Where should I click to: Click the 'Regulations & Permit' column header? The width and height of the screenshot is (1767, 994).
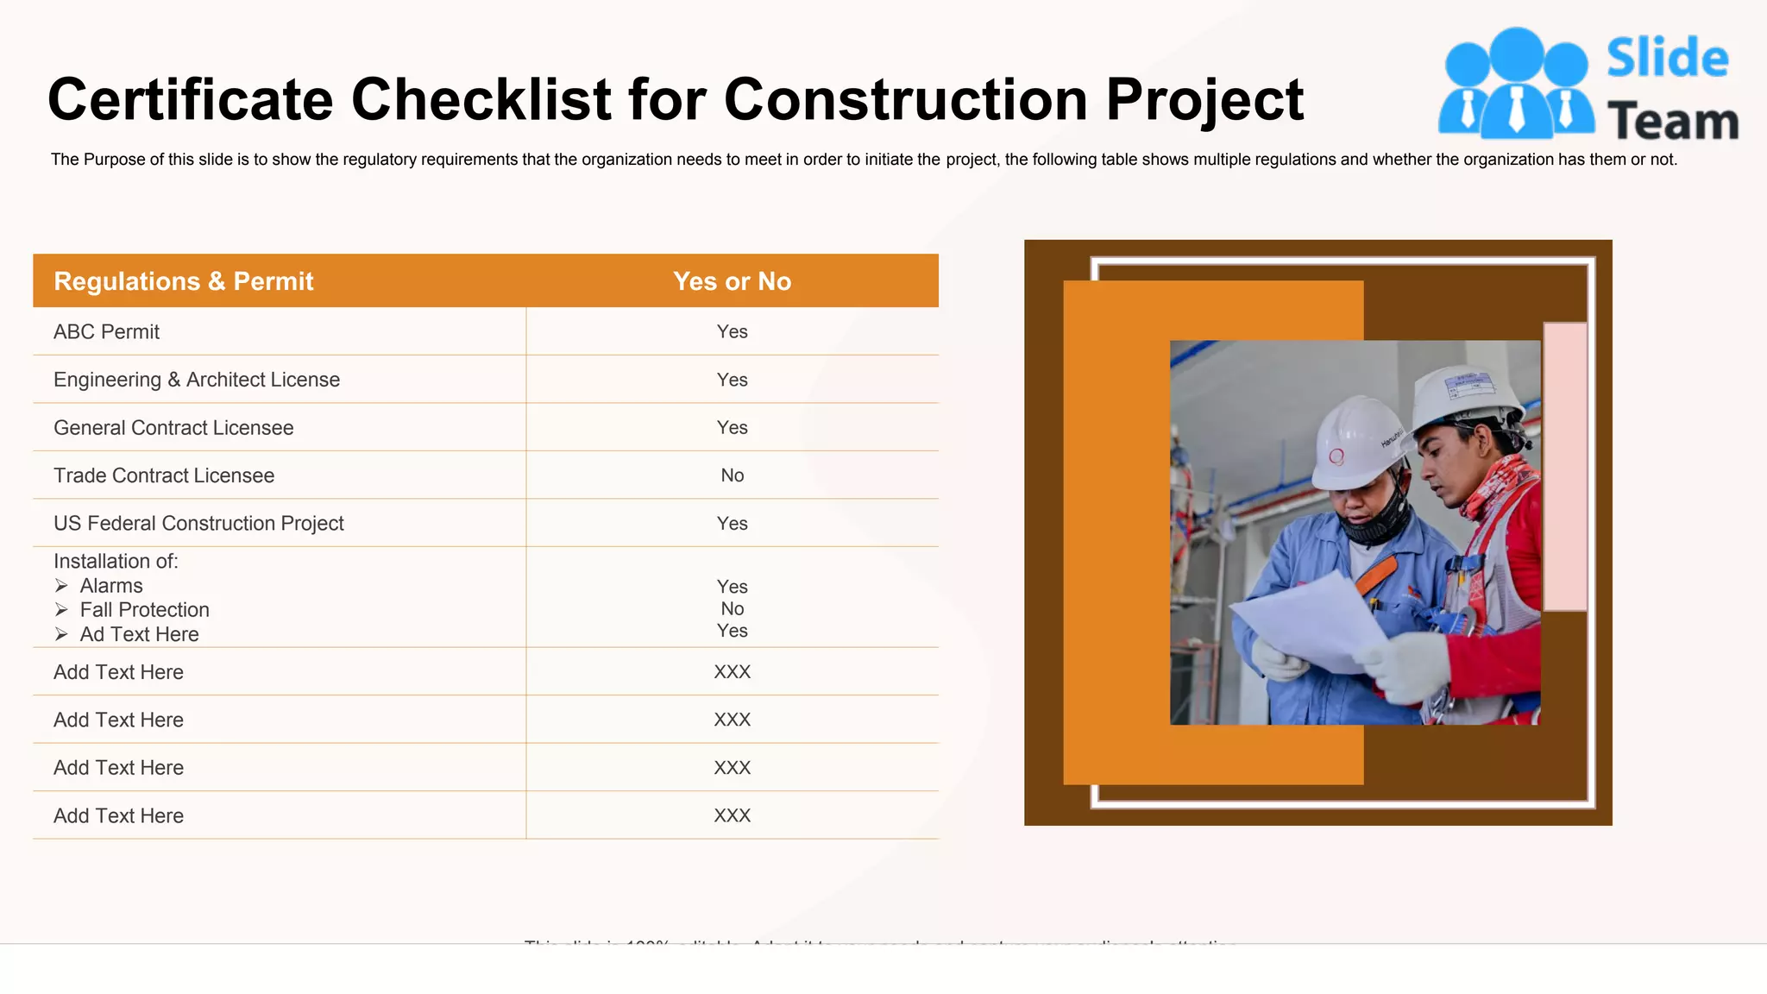183,281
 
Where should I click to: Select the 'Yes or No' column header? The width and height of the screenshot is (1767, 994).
732,281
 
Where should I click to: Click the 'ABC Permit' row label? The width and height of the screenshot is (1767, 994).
106,332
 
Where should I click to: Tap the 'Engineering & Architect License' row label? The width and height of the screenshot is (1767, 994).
197,380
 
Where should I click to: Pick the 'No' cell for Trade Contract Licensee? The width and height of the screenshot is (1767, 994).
732,475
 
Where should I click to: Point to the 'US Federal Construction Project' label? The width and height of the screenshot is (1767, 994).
198,524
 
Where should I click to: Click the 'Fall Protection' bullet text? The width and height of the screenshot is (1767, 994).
144,610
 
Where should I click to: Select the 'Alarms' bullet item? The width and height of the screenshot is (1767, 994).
111,586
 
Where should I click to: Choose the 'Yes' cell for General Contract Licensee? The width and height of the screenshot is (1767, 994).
732,428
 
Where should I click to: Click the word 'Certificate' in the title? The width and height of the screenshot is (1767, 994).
190,100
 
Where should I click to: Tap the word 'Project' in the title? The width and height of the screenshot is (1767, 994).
1204,100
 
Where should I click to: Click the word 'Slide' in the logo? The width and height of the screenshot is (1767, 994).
1667,59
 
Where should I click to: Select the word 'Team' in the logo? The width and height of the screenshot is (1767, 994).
1672,122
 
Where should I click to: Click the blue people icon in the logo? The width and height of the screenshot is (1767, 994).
1516,85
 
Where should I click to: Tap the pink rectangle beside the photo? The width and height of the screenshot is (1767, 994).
1565,466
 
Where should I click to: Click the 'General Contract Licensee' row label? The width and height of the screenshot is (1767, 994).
173,428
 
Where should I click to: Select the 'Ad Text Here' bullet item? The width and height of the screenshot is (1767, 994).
139,635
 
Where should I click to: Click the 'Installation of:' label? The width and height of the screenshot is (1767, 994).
116,562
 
